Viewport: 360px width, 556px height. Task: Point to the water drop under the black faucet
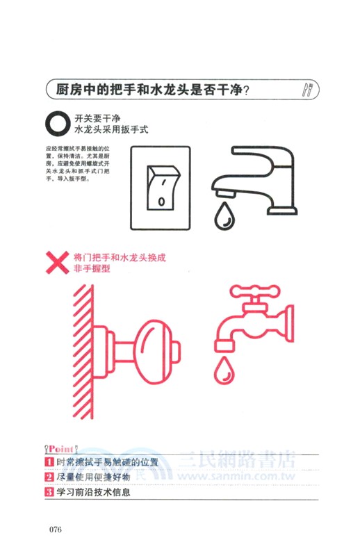pos(224,215)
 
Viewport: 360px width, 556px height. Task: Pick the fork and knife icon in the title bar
pos(309,90)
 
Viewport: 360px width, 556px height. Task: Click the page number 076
pos(56,530)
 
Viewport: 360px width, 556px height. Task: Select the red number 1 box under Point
pos(49,461)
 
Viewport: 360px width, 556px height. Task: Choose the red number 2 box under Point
pos(49,477)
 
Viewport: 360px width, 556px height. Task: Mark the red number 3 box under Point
pos(49,493)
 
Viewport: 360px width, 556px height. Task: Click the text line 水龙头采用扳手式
pos(111,129)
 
